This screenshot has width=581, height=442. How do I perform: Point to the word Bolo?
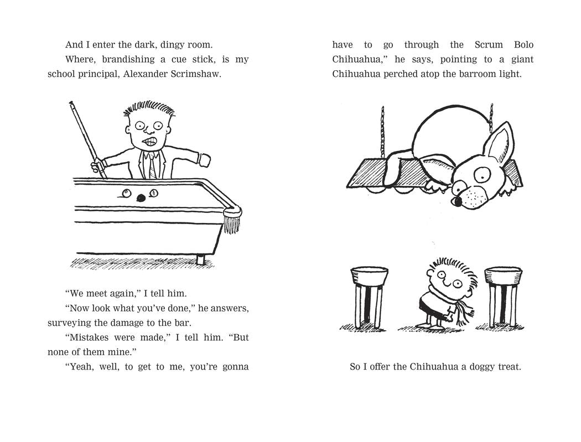click(523, 45)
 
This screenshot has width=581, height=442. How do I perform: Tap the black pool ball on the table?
click(141, 198)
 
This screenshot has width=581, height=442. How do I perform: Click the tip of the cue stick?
click(71, 102)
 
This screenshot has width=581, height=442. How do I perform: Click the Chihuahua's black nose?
click(458, 201)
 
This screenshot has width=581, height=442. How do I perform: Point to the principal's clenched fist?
click(204, 160)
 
